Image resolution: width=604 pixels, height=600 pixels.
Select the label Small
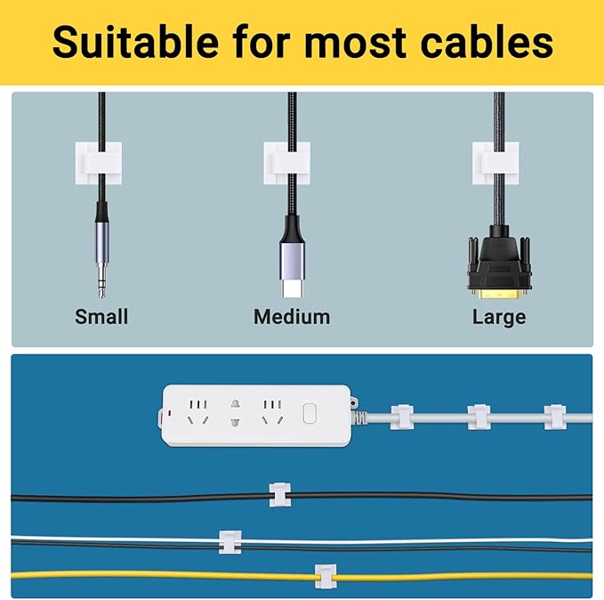pos(101,317)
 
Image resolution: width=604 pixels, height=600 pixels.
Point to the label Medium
pos(292,317)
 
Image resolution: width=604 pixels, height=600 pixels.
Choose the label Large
pos(499,317)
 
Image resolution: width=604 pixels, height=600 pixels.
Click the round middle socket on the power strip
pos(236,412)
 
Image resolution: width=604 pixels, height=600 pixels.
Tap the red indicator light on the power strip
pos(162,415)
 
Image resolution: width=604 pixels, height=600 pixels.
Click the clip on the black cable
pos(280,493)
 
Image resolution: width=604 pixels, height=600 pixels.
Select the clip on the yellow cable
pos(327,577)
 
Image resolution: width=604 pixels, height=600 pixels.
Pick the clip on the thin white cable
pos(230,540)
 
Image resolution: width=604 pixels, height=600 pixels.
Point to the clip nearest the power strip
pos(401,416)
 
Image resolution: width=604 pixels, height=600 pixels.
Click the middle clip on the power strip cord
pos(479,416)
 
